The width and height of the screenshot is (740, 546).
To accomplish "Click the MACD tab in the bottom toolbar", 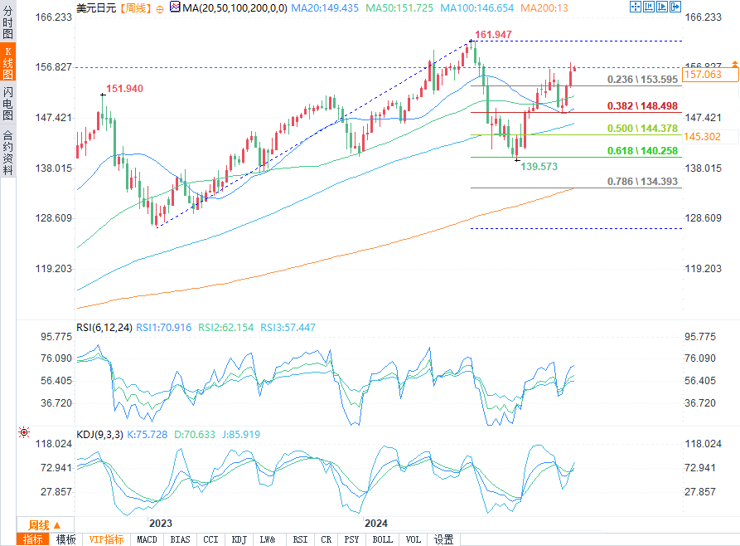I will [x=147, y=539].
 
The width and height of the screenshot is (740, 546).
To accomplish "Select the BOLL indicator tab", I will [x=382, y=539].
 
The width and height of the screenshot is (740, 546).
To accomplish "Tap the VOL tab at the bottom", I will [x=413, y=539].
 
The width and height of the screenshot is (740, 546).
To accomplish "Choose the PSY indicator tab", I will [x=351, y=539].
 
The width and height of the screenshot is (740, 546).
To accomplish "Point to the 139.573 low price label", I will [x=539, y=167].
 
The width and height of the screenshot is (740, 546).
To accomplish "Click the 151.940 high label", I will [x=125, y=89].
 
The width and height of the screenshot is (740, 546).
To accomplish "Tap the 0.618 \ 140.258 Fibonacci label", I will [x=642, y=150].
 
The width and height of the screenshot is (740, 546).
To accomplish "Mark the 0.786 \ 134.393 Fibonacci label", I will [x=642, y=182].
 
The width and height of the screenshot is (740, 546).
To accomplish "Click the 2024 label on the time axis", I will [x=376, y=523].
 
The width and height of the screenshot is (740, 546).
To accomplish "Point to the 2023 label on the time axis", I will [x=160, y=523].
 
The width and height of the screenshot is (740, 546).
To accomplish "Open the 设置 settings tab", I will [x=443, y=539].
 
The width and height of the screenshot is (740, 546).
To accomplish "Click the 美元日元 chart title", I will [x=95, y=7].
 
